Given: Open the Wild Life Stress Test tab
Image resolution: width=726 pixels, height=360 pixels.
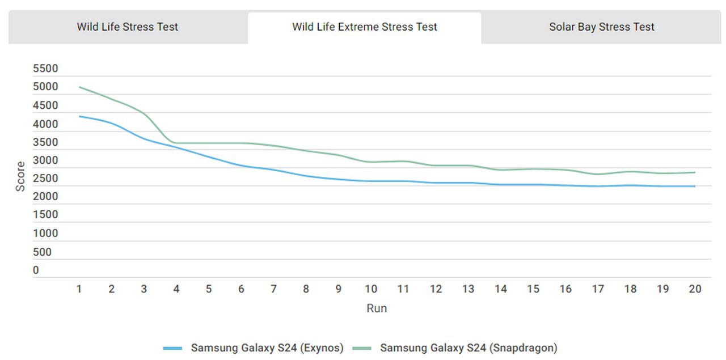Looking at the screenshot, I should click(x=128, y=27).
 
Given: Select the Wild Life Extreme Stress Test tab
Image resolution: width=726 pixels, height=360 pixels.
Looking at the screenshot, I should click(x=365, y=27).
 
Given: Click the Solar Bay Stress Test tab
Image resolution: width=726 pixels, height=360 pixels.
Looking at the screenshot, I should click(x=602, y=27).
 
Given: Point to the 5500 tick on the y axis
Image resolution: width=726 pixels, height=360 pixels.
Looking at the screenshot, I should click(x=46, y=69).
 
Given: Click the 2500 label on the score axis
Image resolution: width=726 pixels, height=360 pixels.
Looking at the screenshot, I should click(x=46, y=179).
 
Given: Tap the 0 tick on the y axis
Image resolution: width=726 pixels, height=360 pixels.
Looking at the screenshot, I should click(x=36, y=270).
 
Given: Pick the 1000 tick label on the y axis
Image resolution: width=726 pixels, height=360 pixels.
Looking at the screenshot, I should click(x=46, y=234).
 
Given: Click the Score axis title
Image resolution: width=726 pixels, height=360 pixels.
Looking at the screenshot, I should click(x=20, y=176).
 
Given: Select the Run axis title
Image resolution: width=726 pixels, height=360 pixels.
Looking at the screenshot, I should click(x=377, y=308).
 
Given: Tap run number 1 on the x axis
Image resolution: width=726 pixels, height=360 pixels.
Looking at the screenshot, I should click(x=79, y=289).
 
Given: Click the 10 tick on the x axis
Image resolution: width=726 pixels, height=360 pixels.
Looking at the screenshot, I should click(x=371, y=289).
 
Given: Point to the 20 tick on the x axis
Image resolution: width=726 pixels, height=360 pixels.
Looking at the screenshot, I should click(x=695, y=289).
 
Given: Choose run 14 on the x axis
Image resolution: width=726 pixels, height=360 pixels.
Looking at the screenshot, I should click(x=500, y=289).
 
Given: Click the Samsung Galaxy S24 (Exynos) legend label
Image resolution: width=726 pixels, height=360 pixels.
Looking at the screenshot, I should click(x=267, y=348).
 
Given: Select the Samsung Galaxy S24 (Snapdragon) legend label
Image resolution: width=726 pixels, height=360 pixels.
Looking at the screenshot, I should click(x=468, y=348).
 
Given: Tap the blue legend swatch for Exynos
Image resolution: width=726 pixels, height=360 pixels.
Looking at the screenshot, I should click(x=172, y=348).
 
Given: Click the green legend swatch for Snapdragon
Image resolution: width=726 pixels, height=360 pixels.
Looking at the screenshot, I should click(x=362, y=348).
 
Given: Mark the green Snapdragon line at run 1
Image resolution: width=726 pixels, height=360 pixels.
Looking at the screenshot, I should click(x=79, y=87).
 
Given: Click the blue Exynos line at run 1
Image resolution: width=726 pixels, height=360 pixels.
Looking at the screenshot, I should click(x=79, y=116).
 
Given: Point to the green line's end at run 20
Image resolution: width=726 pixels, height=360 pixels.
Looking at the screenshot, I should click(x=695, y=172).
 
